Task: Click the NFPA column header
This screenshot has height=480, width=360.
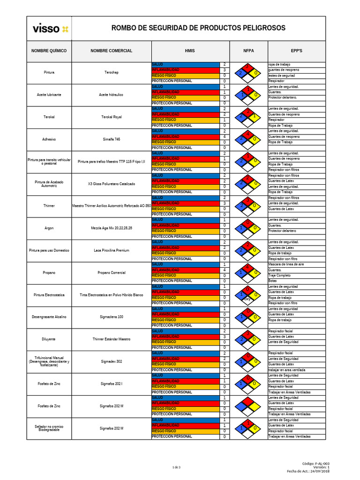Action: [x=248, y=51]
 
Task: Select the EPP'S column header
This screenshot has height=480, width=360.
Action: [x=297, y=51]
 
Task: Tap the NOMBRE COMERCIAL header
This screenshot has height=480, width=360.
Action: [x=111, y=51]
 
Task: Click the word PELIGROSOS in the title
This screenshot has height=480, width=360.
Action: [x=259, y=28]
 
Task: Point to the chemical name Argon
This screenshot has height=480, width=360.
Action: [x=49, y=228]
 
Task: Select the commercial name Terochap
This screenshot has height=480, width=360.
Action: [x=111, y=73]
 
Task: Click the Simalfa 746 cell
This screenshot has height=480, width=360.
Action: [x=111, y=139]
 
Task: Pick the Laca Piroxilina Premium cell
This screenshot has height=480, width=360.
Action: [x=111, y=250]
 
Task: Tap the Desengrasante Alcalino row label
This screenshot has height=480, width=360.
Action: [x=49, y=317]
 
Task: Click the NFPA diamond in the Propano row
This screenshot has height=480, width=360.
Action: [x=248, y=272]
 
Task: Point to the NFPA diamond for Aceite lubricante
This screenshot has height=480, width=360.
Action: [x=248, y=95]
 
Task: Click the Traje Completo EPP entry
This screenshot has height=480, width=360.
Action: [x=280, y=275]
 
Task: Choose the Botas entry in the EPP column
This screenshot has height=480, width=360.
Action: [x=272, y=281]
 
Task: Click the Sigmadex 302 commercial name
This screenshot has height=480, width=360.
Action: [x=111, y=361]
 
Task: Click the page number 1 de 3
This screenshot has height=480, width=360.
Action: [x=177, y=467]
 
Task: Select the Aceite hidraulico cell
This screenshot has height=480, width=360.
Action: [x=111, y=95]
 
